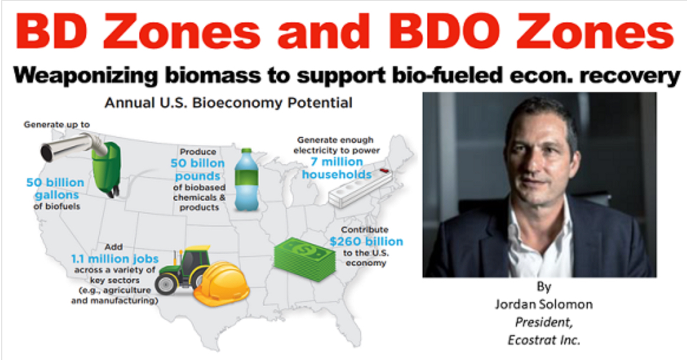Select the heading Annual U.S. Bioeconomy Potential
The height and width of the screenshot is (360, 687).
pyautogui.click(x=228, y=103)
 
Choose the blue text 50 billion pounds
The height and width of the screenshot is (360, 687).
pyautogui.click(x=198, y=169)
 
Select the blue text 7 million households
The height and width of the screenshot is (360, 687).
pyautogui.click(x=337, y=167)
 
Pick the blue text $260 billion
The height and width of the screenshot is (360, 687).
pyautogui.click(x=366, y=241)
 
